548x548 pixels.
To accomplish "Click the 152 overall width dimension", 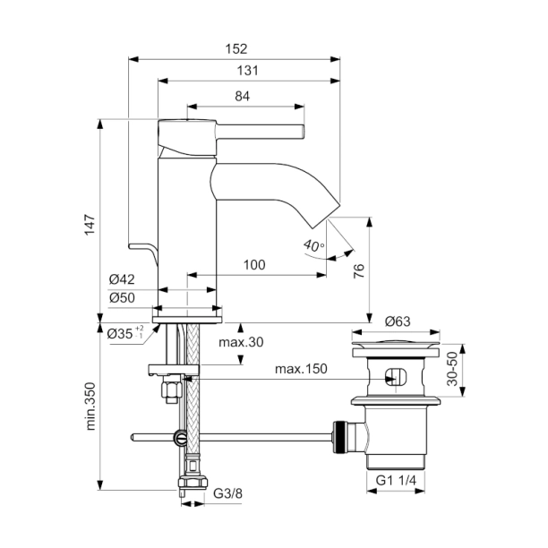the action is pos(236,49).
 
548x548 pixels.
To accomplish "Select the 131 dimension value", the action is pos(248,71).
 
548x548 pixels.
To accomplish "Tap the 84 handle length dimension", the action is pos(242,96).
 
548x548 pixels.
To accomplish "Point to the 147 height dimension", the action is pos(90,225).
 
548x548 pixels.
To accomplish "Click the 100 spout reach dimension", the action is pos(254,265).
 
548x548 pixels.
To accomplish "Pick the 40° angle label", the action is pos(313,245).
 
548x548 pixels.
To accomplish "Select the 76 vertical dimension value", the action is pos(359,271).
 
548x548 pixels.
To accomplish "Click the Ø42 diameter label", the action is pos(122,279).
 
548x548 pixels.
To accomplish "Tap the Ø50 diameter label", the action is pos(122,298).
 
